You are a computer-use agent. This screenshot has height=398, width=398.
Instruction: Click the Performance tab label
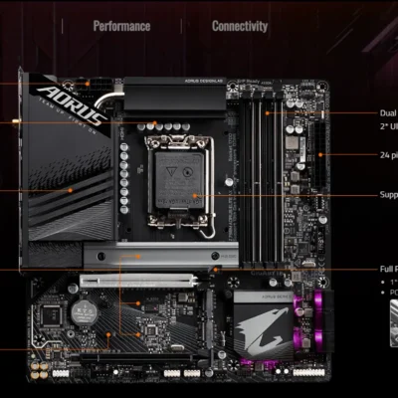tap(121, 27)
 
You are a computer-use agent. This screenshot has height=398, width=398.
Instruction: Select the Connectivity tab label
tap(239, 27)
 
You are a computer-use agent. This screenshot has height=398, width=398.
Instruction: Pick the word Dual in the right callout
tap(388, 113)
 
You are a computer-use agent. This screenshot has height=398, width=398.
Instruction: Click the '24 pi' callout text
tap(388, 154)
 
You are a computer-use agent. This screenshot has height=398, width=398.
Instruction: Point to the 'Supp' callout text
tap(388, 195)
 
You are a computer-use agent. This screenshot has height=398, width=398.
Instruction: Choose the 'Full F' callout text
tap(388, 269)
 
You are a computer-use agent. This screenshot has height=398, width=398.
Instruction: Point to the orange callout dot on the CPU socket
tap(196, 196)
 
